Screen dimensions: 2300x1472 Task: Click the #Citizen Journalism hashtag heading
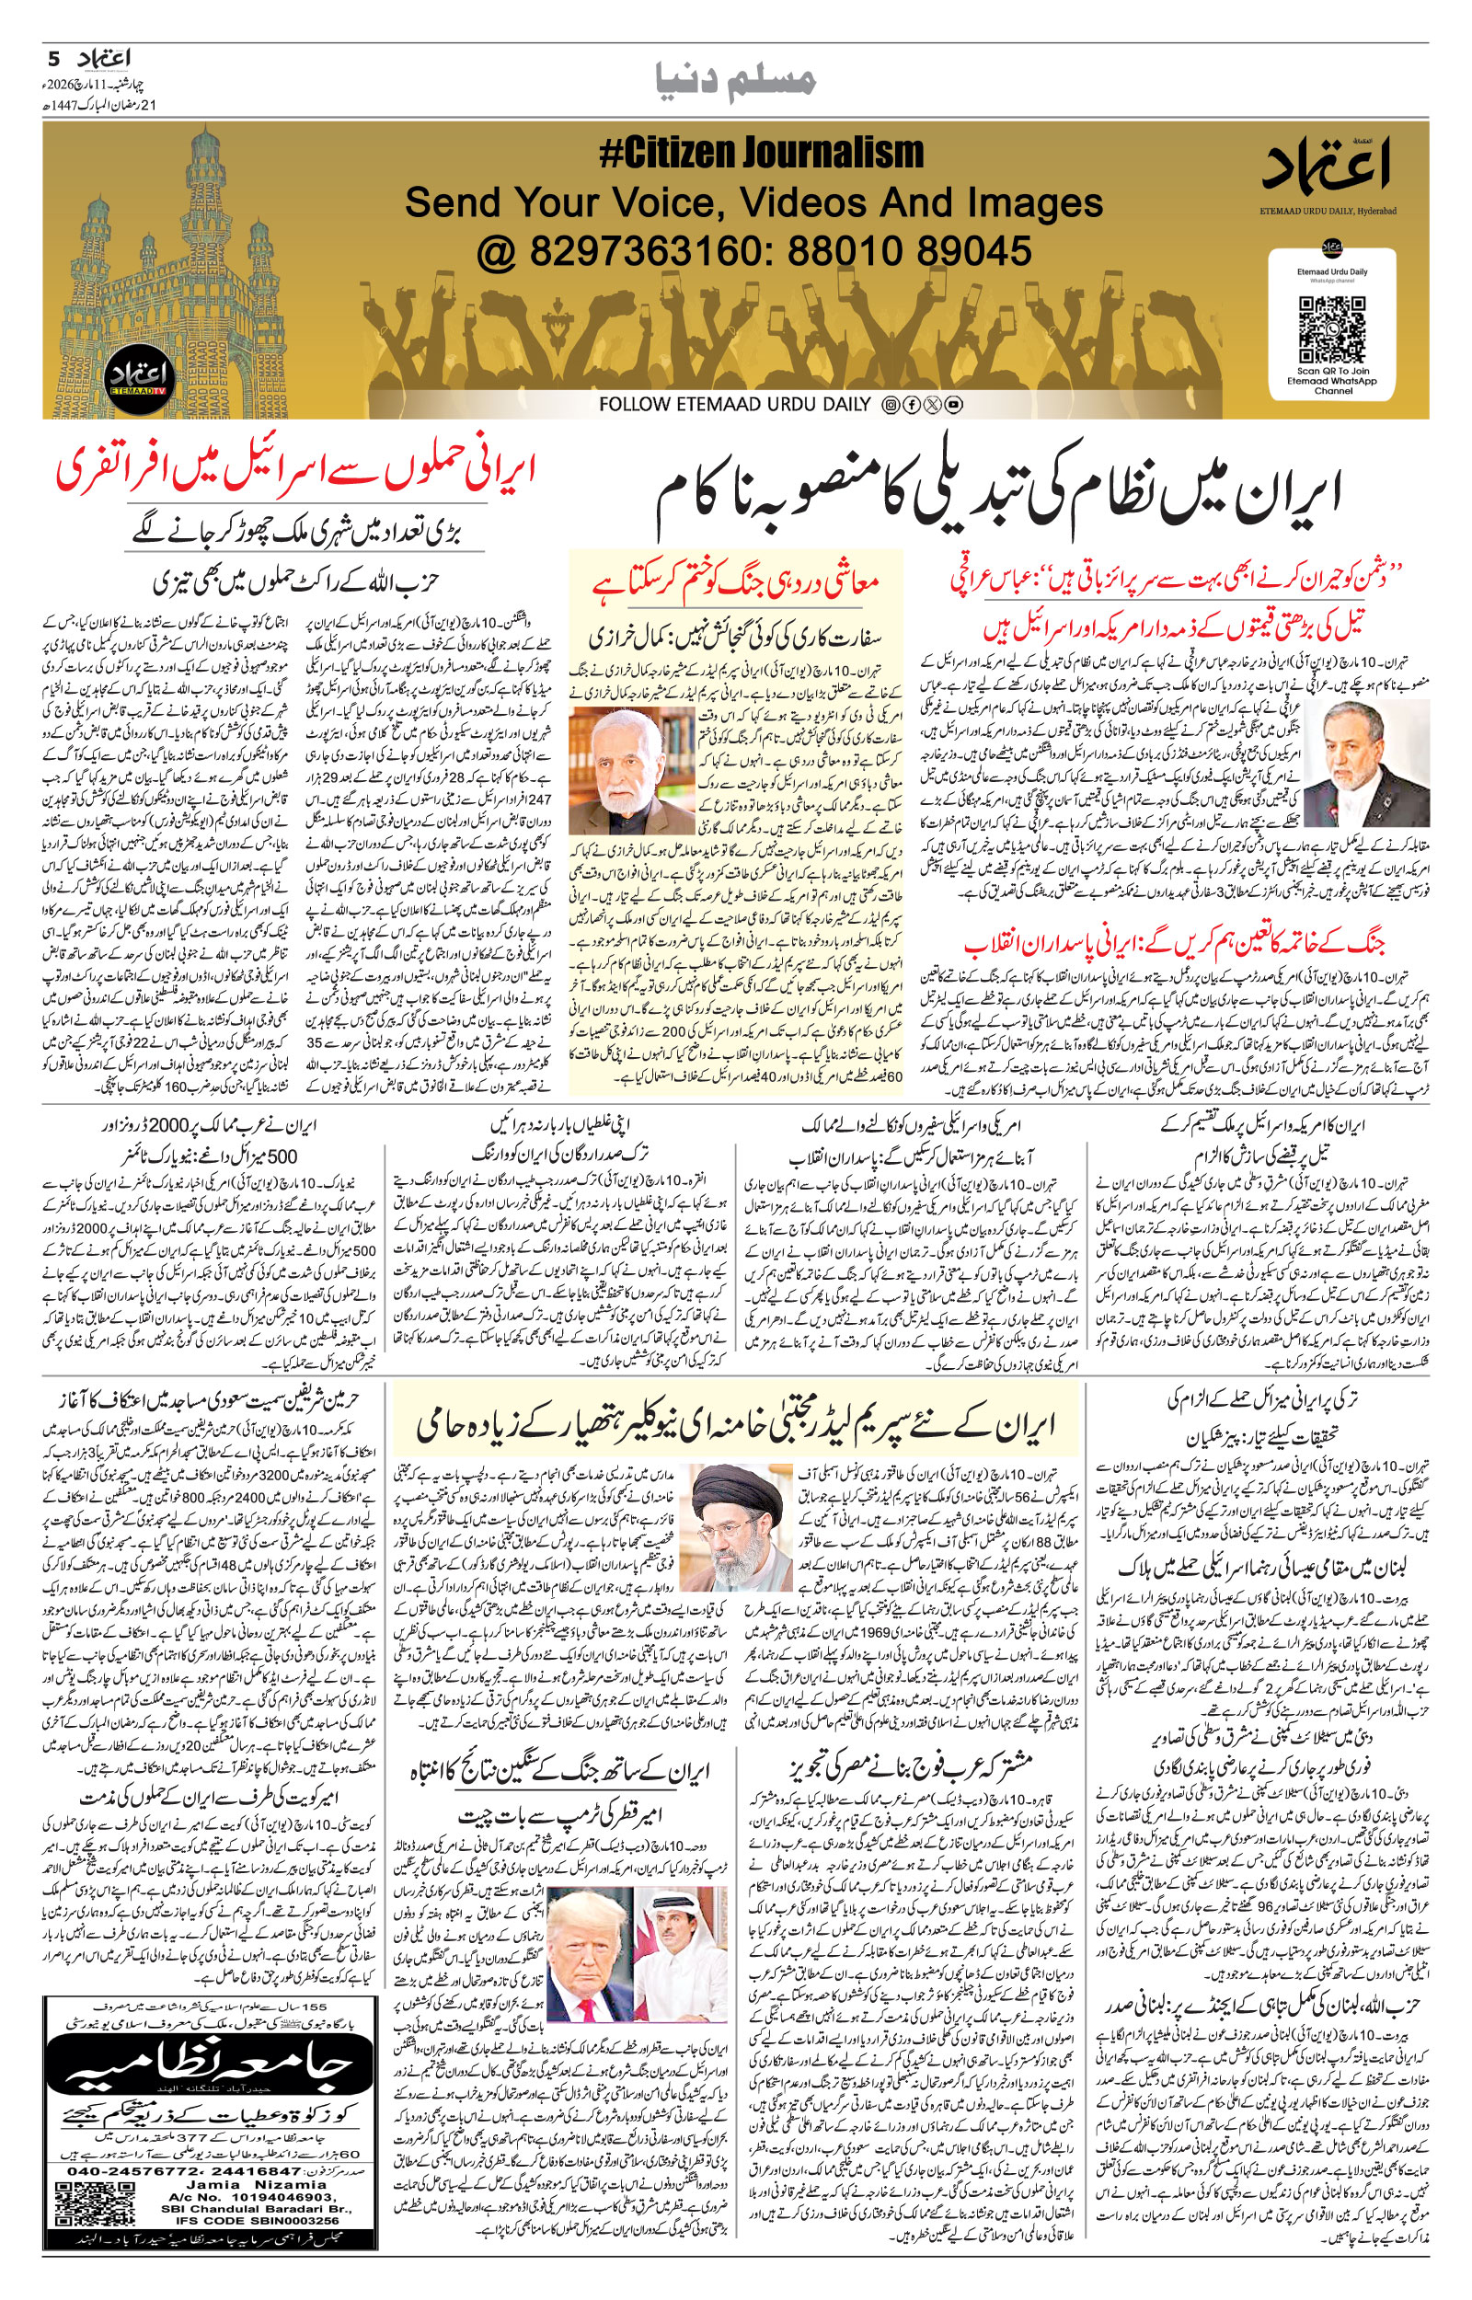click(x=762, y=154)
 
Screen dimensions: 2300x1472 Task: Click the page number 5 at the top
click(x=53, y=58)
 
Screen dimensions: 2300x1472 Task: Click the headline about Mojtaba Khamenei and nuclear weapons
click(x=736, y=1427)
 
